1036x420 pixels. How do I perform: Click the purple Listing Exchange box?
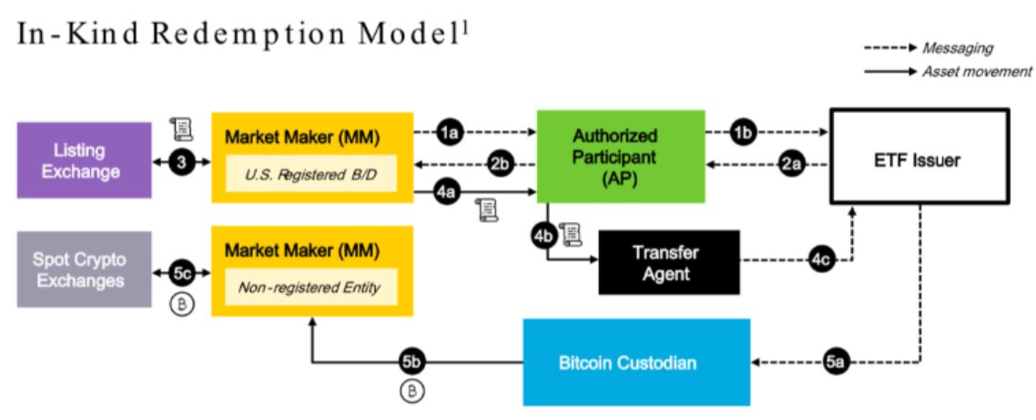coord(84,160)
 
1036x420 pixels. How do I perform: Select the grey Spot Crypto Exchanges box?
coord(84,269)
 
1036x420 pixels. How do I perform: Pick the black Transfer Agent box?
coord(668,261)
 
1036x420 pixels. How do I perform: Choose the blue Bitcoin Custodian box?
coord(635,363)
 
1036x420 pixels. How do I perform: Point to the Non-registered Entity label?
coord(312,287)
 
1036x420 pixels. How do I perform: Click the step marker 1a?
coord(450,133)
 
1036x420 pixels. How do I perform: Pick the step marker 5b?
coord(412,363)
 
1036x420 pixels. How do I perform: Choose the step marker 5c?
coord(181,271)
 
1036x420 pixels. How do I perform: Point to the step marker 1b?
coord(744,133)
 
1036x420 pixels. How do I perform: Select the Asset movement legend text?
coord(977,71)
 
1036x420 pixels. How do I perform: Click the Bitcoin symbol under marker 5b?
coord(412,392)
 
